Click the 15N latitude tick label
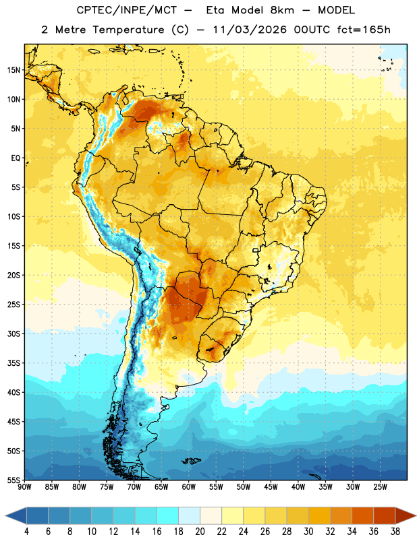tap(13, 70)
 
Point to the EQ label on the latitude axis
tap(16, 158)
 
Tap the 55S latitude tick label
tap(13, 480)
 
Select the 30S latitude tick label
tap(13, 334)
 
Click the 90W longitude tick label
tap(24, 487)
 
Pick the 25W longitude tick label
tap(380, 487)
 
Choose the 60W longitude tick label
tap(189, 487)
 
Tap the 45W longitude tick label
tap(271, 487)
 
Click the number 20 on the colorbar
tap(200, 532)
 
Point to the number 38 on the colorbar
tap(395, 532)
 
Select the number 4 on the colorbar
tap(26, 532)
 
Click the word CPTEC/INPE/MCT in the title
tap(126, 10)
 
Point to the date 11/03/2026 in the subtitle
tap(250, 30)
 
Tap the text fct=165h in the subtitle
tap(364, 30)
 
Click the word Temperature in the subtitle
tap(129, 30)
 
